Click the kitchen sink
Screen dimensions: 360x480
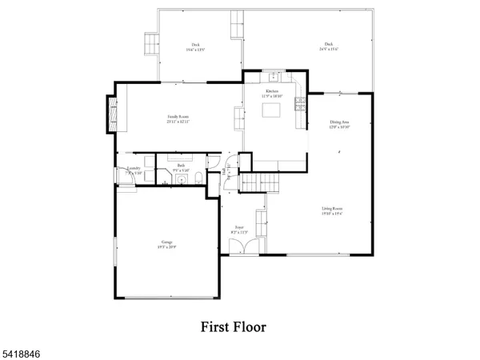click(274, 78)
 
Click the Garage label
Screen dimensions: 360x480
click(167, 243)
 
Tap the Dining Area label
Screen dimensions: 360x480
click(339, 124)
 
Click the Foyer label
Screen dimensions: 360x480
click(239, 230)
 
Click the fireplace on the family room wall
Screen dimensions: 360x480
click(112, 115)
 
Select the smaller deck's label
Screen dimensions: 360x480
click(195, 46)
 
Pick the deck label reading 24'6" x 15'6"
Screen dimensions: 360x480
click(329, 46)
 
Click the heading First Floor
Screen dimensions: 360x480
click(234, 326)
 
